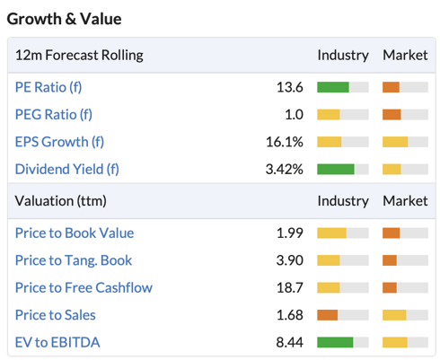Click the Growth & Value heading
pos(64,19)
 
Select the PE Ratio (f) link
pos(48,87)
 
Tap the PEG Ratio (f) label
pos(54,115)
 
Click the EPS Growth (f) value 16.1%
pos(285,142)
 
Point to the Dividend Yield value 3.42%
pos(285,169)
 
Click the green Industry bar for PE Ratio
pos(333,87)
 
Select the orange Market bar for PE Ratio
pos(391,87)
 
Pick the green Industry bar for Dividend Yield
pos(336,169)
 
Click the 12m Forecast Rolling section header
pos(79,56)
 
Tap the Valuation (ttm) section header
pos(61,201)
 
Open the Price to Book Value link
pos(75,233)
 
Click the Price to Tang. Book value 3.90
pos(290,260)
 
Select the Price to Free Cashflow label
pos(84,287)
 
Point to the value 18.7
pos(290,287)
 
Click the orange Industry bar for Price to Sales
pos(328,315)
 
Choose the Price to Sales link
pos(56,315)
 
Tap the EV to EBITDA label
pos(57,342)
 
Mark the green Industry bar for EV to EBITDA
pos(335,342)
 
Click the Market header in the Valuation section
pos(405,201)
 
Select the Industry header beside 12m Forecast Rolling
pos(343,56)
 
